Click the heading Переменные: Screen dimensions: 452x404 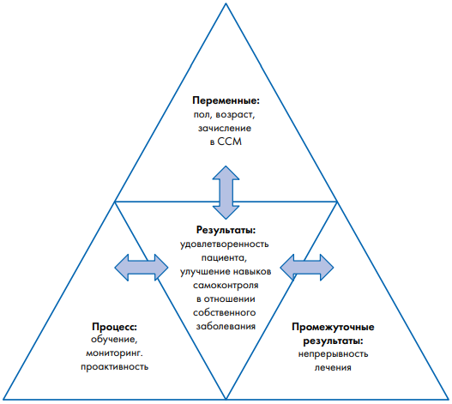[x=226, y=101]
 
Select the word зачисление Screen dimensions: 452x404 [x=225, y=128]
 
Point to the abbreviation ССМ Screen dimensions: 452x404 [x=230, y=142]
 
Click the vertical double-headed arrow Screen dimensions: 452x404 [x=226, y=192]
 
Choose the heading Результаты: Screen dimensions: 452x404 [x=226, y=230]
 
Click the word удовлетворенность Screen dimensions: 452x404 [x=225, y=244]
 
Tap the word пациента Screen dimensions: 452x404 [x=224, y=257]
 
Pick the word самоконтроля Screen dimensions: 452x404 [x=226, y=286]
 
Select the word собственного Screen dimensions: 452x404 [x=225, y=312]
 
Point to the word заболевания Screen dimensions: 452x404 [x=226, y=327]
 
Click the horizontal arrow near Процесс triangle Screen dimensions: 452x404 [x=142, y=268]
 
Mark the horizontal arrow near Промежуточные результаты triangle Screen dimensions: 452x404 [x=307, y=268]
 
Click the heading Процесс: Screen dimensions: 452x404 [x=114, y=327]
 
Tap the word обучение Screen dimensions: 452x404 [x=114, y=340]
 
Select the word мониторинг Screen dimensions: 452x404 [x=114, y=353]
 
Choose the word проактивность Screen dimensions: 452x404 [x=114, y=367]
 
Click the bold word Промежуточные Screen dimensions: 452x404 [x=333, y=327]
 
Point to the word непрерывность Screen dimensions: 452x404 [x=333, y=354]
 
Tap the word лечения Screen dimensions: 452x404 [x=333, y=368]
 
